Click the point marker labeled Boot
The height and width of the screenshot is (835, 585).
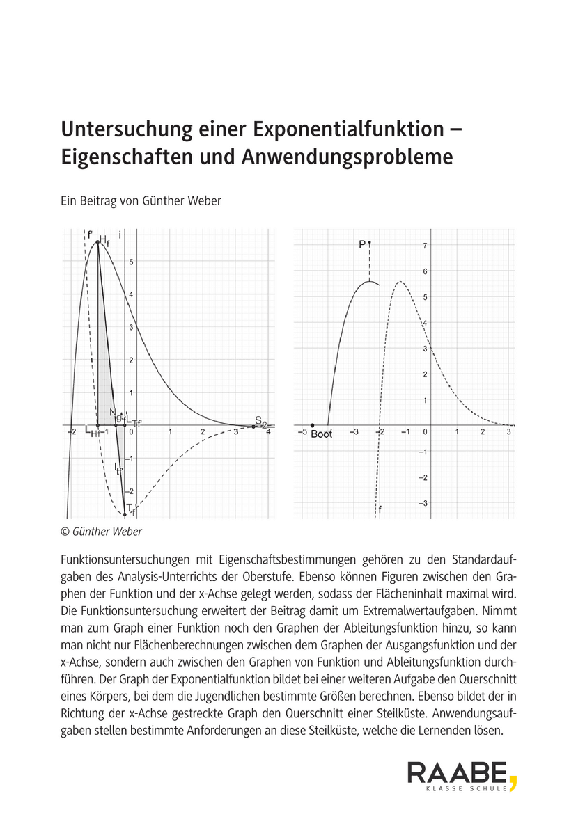coord(312,425)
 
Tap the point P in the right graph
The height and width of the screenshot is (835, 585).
coord(370,243)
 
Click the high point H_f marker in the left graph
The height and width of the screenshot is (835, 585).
coord(97,242)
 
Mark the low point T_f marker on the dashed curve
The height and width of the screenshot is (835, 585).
coord(125,514)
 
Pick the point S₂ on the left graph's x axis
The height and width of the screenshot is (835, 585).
coord(253,425)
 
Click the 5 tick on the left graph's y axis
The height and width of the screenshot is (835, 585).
coord(131,262)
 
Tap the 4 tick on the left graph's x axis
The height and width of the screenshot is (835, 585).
coord(268,433)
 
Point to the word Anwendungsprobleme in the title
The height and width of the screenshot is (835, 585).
coord(347,157)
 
